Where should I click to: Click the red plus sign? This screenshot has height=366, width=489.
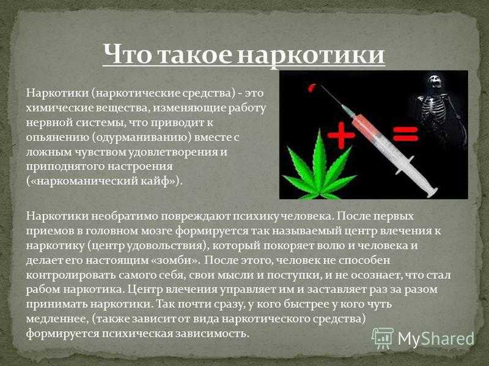pyautogui.click(x=341, y=135)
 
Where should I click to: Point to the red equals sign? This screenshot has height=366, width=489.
pyautogui.click(x=405, y=134)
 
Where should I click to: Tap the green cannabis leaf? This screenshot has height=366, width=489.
pyautogui.click(x=318, y=167)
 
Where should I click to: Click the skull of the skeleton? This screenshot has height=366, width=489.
pyautogui.click(x=435, y=81)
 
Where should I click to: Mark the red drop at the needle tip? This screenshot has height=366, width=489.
pyautogui.click(x=311, y=88)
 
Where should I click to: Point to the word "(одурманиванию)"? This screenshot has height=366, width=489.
pyautogui.click(x=142, y=137)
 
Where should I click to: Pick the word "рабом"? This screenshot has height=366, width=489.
pyautogui.click(x=43, y=289)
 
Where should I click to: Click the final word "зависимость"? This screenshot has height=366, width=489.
pyautogui.click(x=212, y=334)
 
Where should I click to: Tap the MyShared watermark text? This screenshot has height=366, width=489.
pyautogui.click(x=436, y=338)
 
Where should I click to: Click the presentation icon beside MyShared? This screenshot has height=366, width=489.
pyautogui.click(x=383, y=339)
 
